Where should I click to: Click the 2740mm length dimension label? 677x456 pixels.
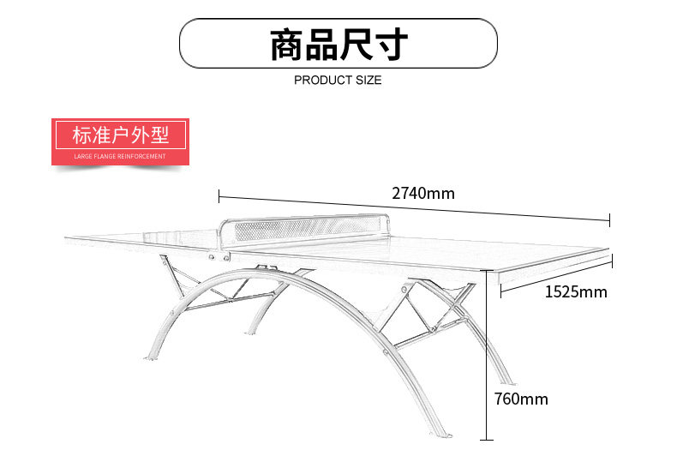click(422, 193)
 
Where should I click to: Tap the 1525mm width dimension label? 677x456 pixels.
click(575, 292)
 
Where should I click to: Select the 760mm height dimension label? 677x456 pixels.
click(520, 399)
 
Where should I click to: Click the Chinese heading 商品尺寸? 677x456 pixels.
click(338, 45)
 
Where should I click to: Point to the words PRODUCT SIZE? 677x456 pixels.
click(338, 81)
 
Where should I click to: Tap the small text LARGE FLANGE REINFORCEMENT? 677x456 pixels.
click(120, 156)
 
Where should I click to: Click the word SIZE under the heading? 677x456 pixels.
click(367, 81)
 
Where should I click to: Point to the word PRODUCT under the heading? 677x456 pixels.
click(321, 81)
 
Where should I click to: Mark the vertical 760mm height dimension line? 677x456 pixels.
click(488, 360)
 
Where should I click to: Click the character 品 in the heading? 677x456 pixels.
click(321, 45)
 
